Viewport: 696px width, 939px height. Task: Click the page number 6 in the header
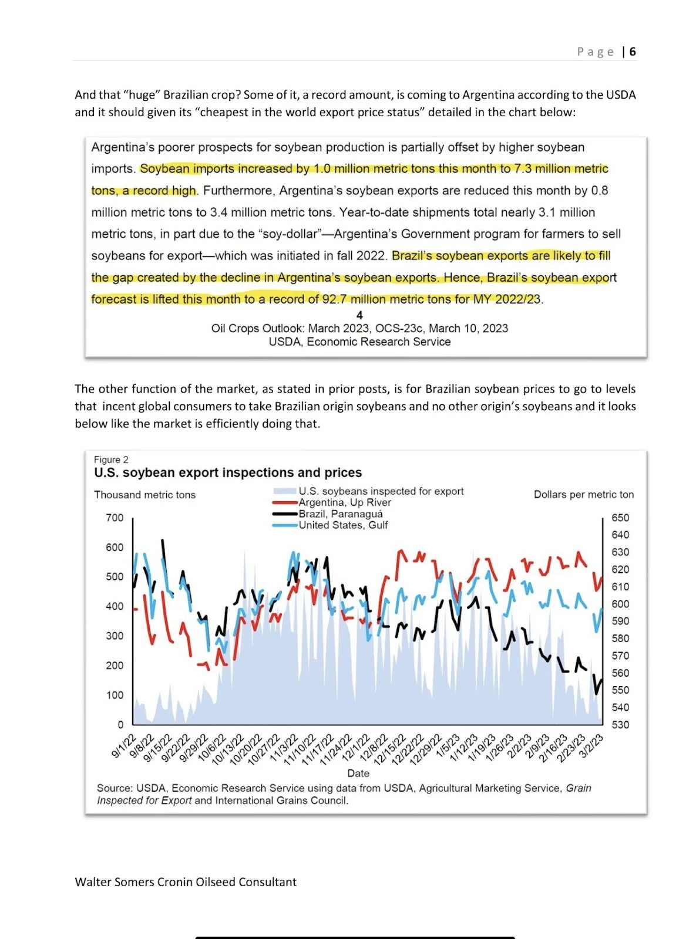[x=633, y=52]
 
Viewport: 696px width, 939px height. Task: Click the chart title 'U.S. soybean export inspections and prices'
[x=227, y=473]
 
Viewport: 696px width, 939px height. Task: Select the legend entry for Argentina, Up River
[x=344, y=502]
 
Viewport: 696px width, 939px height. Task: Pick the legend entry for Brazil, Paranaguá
[x=340, y=514]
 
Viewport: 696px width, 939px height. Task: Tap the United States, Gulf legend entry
[x=343, y=525]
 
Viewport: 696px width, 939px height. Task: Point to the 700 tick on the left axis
[x=115, y=518]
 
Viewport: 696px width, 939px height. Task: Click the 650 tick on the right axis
[x=620, y=518]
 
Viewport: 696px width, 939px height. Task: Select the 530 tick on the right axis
[x=620, y=725]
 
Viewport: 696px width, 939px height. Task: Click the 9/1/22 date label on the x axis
[x=124, y=746]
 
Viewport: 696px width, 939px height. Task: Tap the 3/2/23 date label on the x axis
[x=591, y=746]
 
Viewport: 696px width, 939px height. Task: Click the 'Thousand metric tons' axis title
[x=144, y=495]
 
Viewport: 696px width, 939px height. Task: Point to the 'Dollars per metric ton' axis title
[x=583, y=495]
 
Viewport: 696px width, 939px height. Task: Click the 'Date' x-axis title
[x=358, y=774]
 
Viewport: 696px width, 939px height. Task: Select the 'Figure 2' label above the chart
[x=111, y=460]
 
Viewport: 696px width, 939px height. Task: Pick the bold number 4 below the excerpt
[x=359, y=315]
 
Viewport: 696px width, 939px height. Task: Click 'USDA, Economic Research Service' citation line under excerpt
[x=359, y=342]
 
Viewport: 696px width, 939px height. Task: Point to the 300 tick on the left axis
[x=115, y=636]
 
